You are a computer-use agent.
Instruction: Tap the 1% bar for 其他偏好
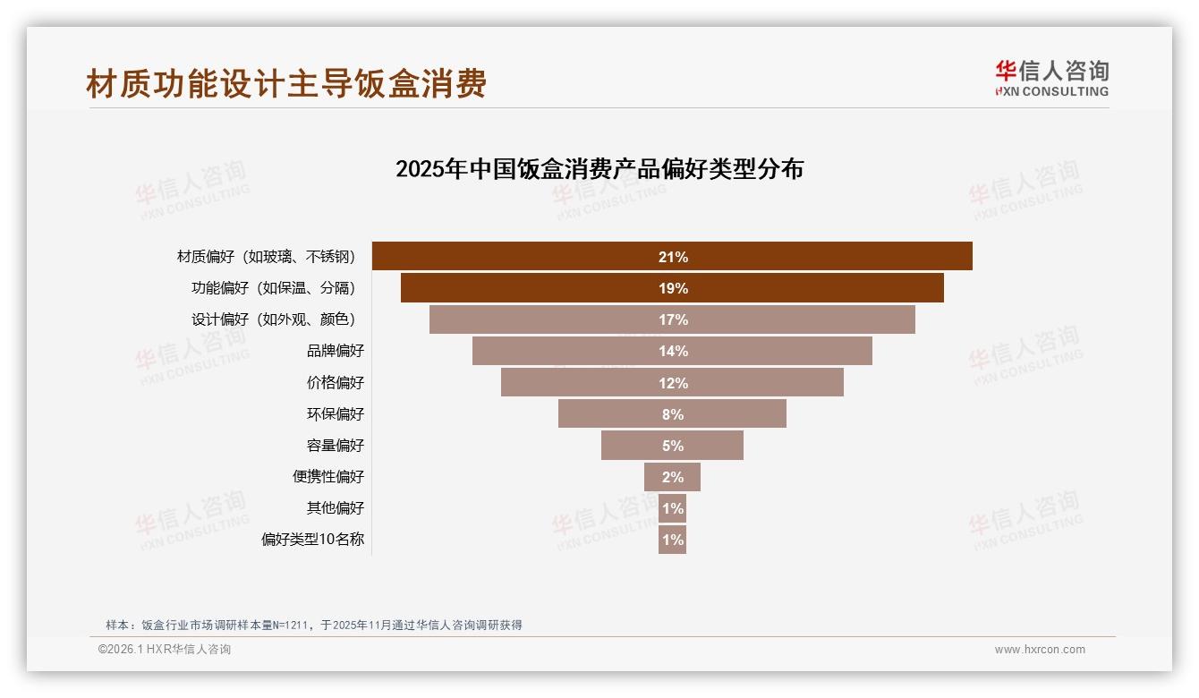pyautogui.click(x=672, y=508)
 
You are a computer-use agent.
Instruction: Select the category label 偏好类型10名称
pyautogui.click(x=312, y=540)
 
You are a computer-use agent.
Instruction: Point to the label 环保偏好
pyautogui.click(x=336, y=413)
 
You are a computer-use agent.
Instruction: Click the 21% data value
pyautogui.click(x=673, y=257)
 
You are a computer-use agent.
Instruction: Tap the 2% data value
pyautogui.click(x=673, y=477)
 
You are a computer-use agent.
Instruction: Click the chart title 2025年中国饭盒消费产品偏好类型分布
pyautogui.click(x=599, y=169)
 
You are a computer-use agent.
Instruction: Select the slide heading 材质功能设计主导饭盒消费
pyautogui.click(x=286, y=84)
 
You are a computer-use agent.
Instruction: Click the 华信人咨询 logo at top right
pyautogui.click(x=1051, y=78)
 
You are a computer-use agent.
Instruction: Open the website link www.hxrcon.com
pyautogui.click(x=1039, y=650)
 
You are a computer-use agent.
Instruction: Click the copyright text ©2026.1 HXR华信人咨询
pyautogui.click(x=165, y=650)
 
